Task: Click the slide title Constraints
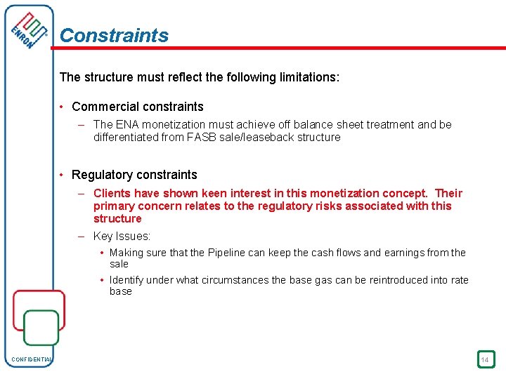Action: (x=114, y=35)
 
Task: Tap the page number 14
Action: (x=485, y=360)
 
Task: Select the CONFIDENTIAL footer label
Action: (x=32, y=360)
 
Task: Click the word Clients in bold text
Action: (x=112, y=193)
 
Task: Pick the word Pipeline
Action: (x=228, y=253)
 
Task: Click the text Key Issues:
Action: (x=122, y=237)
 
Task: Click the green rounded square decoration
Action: (x=41, y=328)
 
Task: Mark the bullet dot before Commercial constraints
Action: (x=63, y=107)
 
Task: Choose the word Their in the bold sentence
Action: (x=449, y=193)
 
